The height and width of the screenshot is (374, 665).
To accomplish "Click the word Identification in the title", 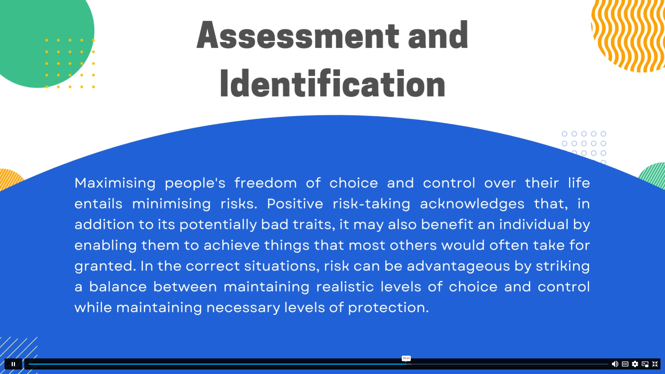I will click(332, 84).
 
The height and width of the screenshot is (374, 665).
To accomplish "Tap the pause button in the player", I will click(13, 364).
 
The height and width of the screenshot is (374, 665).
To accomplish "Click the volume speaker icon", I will click(615, 364).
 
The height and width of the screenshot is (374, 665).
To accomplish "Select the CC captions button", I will click(625, 364).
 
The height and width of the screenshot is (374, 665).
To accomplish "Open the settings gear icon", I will click(635, 364).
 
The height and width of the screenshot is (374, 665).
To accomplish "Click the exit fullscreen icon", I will click(655, 364).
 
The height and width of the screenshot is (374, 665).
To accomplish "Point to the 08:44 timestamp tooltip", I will click(406, 358).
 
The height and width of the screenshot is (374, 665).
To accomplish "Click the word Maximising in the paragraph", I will click(115, 183).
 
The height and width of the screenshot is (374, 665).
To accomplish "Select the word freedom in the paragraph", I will click(265, 183).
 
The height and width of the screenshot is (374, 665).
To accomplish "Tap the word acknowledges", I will click(472, 204).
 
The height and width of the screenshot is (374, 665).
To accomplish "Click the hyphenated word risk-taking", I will click(371, 204).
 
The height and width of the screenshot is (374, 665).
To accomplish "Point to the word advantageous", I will click(458, 266).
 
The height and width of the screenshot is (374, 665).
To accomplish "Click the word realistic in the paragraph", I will click(345, 287).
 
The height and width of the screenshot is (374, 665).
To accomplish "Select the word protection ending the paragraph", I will click(388, 308).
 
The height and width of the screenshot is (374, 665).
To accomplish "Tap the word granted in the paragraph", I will click(105, 266).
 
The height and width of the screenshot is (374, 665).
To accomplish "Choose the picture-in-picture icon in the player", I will click(645, 364).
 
